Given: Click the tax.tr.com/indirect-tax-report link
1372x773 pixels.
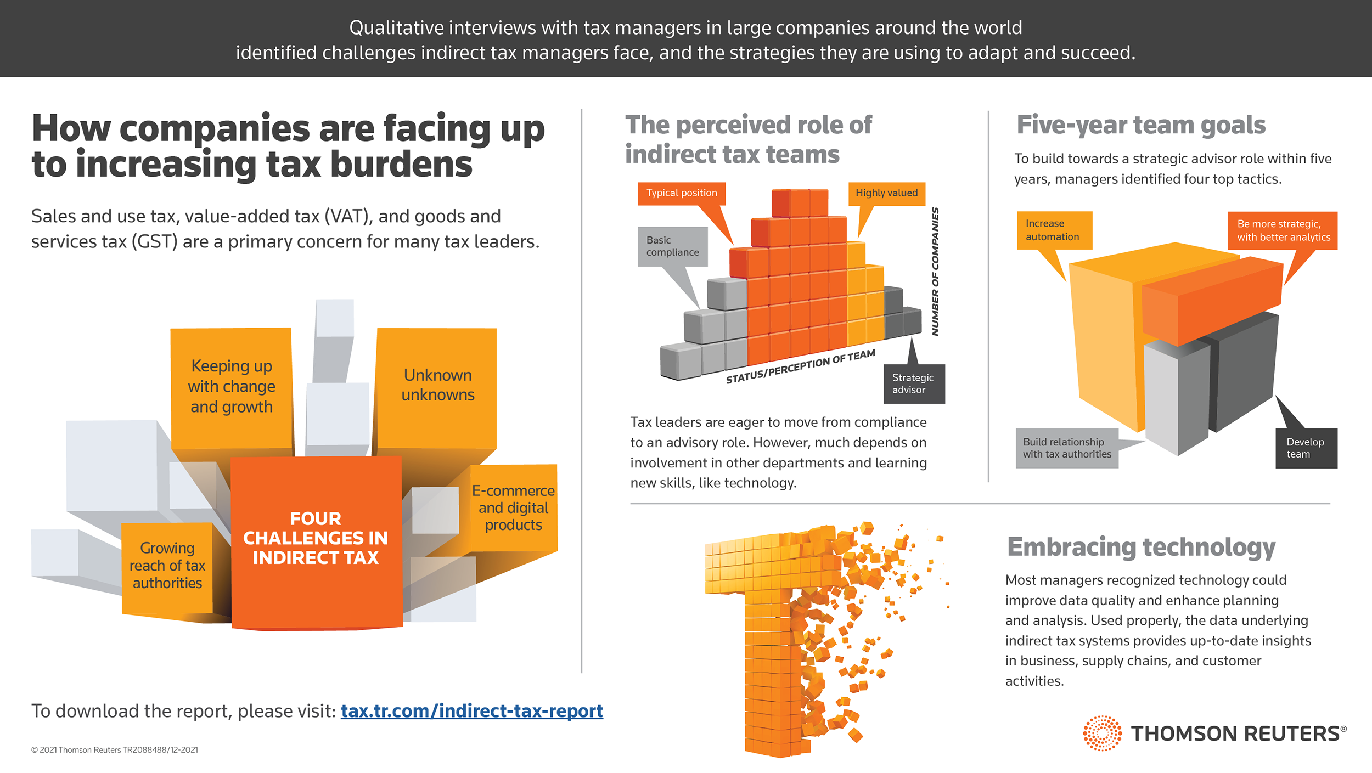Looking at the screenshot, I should click(x=471, y=711).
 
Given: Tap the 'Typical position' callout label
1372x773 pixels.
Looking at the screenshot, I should click(x=681, y=193).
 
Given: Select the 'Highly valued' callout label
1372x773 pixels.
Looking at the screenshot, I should click(x=886, y=193).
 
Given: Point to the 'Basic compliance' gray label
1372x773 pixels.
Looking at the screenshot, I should click(x=672, y=246).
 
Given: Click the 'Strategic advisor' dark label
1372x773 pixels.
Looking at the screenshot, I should click(x=913, y=383).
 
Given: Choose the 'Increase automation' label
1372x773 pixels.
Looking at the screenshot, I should click(x=1053, y=230).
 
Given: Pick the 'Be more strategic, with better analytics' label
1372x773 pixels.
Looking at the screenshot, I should click(x=1283, y=230).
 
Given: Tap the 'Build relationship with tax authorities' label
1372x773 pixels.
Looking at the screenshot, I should click(x=1066, y=448).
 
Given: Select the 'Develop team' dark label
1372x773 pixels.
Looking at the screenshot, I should click(x=1305, y=448).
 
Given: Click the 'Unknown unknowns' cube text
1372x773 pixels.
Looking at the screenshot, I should click(x=437, y=385).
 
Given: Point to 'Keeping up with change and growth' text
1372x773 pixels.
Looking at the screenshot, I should click(x=231, y=386).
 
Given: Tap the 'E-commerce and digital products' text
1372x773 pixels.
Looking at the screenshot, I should click(x=513, y=507).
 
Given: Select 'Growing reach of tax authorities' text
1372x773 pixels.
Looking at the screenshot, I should click(x=167, y=565).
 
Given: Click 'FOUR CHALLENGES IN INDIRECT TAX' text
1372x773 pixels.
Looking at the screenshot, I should click(x=316, y=538).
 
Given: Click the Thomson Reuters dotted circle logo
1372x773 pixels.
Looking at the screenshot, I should click(x=1101, y=733).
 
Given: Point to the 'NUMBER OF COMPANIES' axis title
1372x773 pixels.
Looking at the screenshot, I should click(x=935, y=272).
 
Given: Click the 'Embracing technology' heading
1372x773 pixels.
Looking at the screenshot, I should click(x=1141, y=548).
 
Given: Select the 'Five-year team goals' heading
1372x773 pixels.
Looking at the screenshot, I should click(x=1140, y=125).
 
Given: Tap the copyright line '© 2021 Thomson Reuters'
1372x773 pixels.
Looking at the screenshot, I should click(x=115, y=750).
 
